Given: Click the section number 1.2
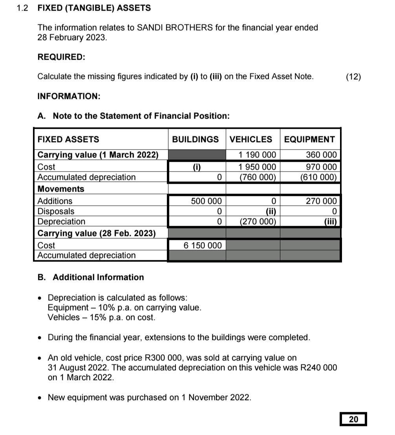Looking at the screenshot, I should click(22, 8).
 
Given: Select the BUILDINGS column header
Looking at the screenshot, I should click(196, 139).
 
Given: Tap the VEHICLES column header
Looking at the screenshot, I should click(251, 139).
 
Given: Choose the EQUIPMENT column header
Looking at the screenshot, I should click(309, 139).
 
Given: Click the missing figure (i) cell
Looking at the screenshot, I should click(197, 167).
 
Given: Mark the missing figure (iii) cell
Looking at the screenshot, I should click(330, 221).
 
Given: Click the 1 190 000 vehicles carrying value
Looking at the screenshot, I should click(257, 155).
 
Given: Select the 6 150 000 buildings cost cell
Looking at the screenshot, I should click(203, 245).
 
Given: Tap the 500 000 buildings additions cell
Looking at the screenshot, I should click(206, 201).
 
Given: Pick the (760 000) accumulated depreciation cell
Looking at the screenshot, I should click(258, 177).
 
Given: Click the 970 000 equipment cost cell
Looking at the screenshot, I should click(321, 167).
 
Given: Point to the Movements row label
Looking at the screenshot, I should click(61, 189).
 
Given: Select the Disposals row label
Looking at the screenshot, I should click(56, 211).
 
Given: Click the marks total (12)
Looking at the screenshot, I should click(353, 77).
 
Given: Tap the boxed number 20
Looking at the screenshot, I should click(353, 419).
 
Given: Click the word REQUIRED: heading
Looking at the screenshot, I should click(61, 57).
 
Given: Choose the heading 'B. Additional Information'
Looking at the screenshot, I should click(91, 277).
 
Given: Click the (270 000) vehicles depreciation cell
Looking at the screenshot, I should click(258, 221).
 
